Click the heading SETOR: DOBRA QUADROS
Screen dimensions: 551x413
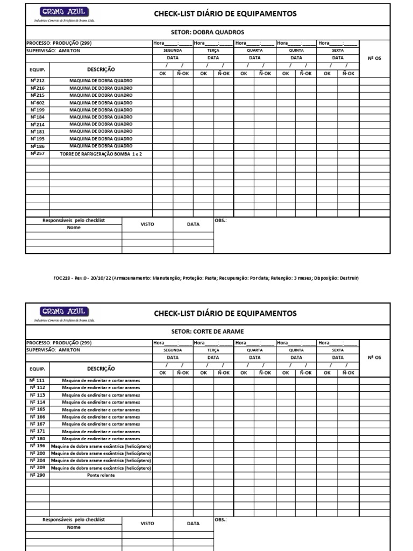(207, 32)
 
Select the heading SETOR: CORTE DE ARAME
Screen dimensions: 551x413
(207, 332)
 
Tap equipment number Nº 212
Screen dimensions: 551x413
(38, 81)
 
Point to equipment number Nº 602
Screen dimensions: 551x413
(38, 103)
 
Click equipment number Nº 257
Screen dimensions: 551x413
(38, 153)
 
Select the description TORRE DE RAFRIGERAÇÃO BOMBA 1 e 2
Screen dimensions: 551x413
(101, 153)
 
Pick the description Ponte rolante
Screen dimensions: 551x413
(101, 475)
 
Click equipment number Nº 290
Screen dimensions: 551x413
(38, 475)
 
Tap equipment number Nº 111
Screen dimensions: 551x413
(38, 380)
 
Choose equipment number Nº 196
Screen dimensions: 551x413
(38, 446)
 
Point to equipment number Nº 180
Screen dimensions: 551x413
(38, 439)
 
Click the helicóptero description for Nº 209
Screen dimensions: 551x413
(101, 468)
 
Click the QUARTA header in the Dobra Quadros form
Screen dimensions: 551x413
(255, 50)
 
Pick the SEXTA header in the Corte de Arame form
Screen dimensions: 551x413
(338, 350)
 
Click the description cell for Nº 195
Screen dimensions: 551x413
(101, 139)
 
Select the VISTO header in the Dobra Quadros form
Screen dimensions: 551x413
(147, 224)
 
